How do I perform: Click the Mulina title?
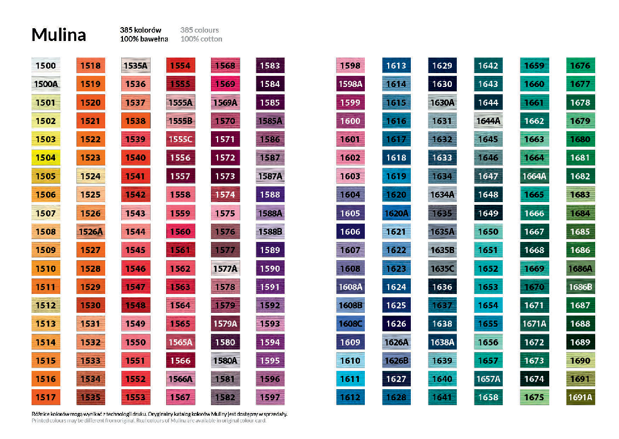[x=59, y=35]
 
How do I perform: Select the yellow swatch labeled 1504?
[x=46, y=158]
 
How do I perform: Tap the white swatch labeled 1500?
[x=46, y=66]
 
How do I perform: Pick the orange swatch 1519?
[x=90, y=84]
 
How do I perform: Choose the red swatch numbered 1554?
[x=180, y=66]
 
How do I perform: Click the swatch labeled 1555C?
[x=180, y=140]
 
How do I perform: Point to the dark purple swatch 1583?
[x=270, y=66]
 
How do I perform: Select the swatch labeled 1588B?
[x=270, y=231]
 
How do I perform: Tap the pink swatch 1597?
[x=270, y=397]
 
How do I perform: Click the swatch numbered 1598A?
[x=350, y=84]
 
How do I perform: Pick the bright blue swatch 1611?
[x=350, y=379]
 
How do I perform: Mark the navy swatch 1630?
[x=442, y=84]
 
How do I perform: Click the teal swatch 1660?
[x=534, y=84]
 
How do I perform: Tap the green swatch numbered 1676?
[x=580, y=66]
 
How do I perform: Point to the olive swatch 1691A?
[x=580, y=397]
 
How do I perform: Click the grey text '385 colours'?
[x=199, y=30]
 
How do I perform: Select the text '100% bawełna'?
[x=144, y=39]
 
